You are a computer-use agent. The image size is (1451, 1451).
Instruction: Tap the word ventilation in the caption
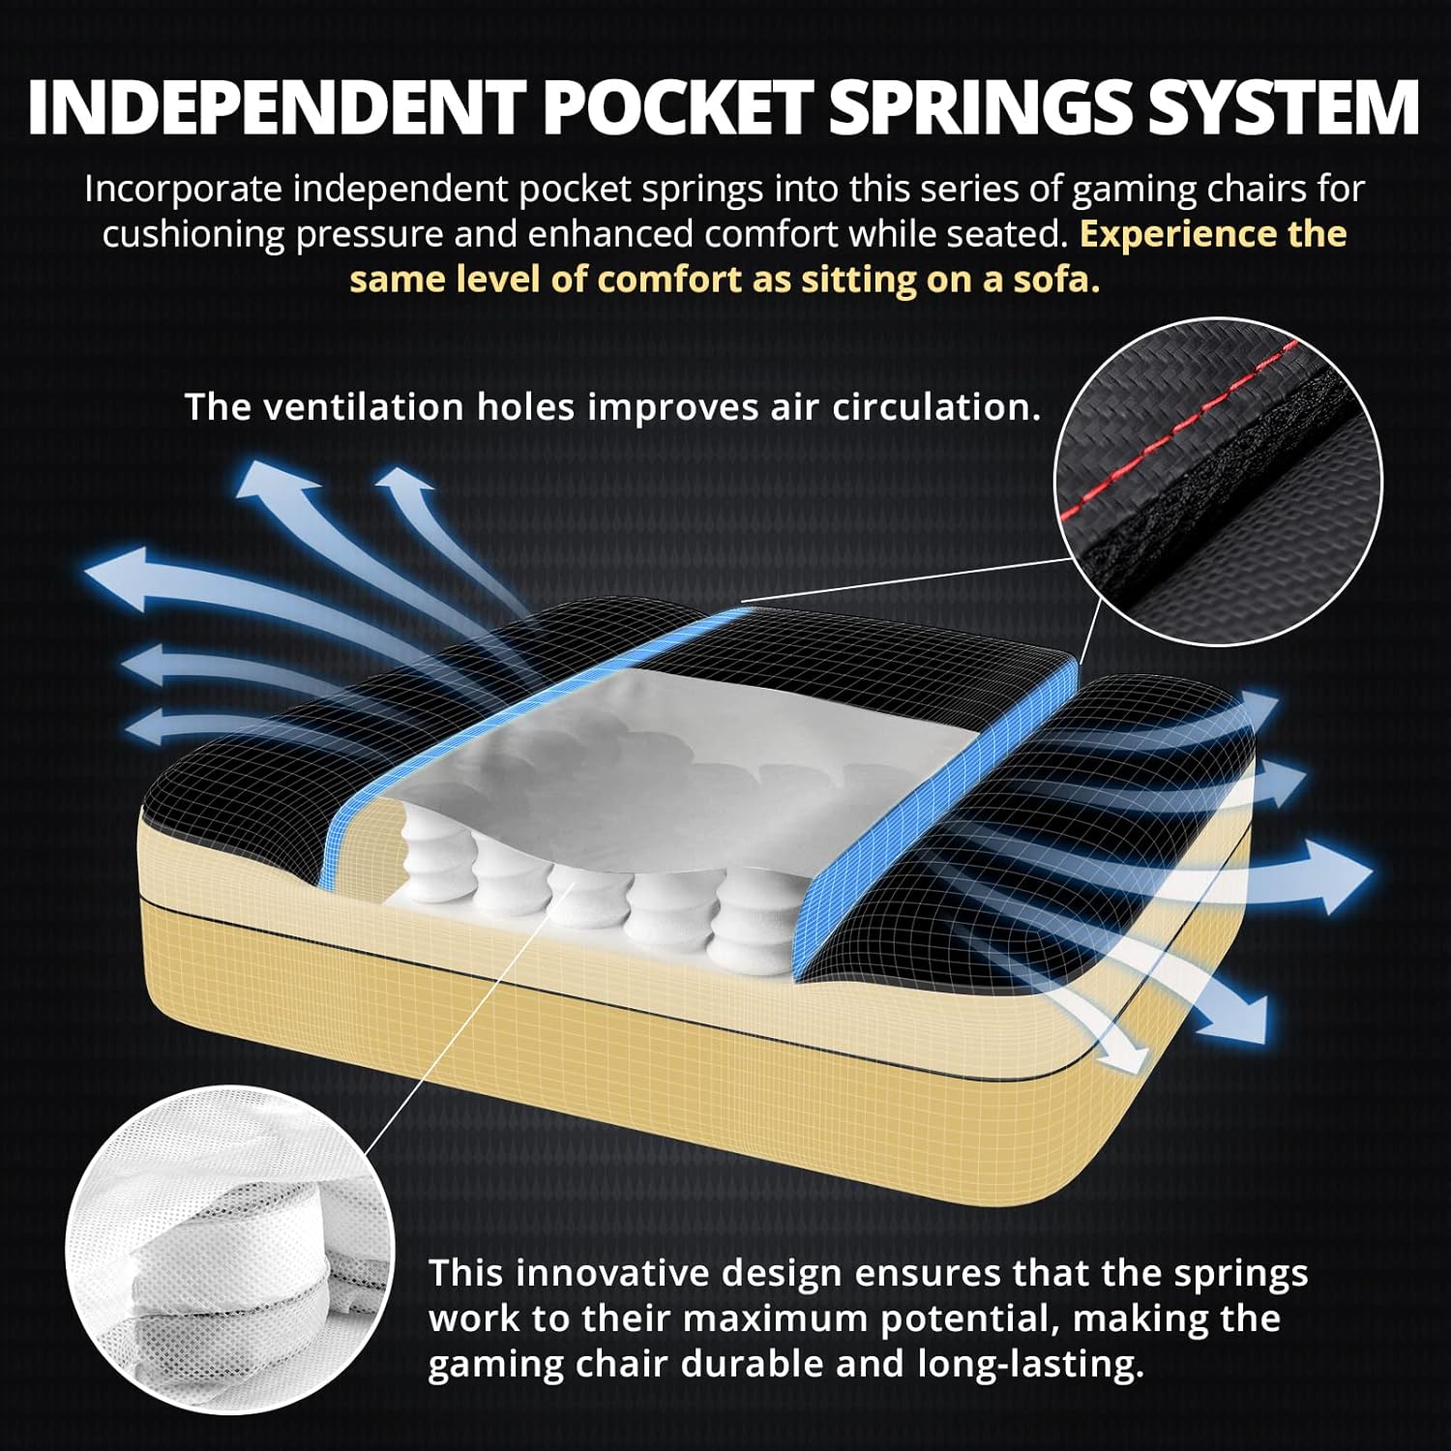tap(366, 407)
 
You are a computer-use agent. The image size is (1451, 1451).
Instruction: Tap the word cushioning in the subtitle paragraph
tap(193, 234)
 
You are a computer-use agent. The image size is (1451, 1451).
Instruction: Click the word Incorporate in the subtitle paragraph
tap(183, 190)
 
